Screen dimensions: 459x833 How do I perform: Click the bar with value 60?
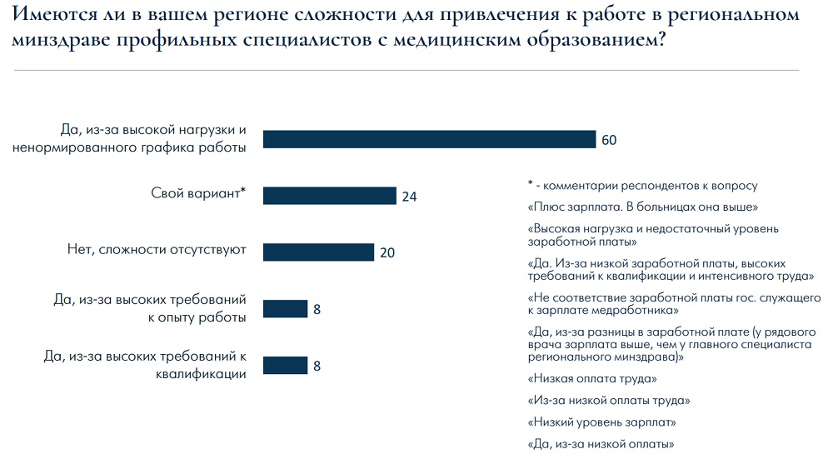tap(429, 139)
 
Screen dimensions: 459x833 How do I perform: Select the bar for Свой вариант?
tap(329, 196)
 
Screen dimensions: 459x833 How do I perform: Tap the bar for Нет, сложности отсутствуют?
tap(318, 252)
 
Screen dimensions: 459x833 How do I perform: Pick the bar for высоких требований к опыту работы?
tap(285, 309)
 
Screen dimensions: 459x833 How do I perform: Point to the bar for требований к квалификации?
tap(285, 365)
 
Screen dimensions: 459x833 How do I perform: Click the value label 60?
tap(609, 140)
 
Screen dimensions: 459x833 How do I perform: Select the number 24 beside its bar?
tap(408, 197)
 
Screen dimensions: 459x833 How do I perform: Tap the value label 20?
tap(387, 252)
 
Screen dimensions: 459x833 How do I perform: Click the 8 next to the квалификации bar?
tap(317, 366)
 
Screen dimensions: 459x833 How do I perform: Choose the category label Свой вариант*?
tap(198, 193)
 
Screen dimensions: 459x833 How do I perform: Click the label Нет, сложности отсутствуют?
tap(157, 250)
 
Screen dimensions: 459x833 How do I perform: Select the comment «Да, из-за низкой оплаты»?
tap(600, 443)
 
